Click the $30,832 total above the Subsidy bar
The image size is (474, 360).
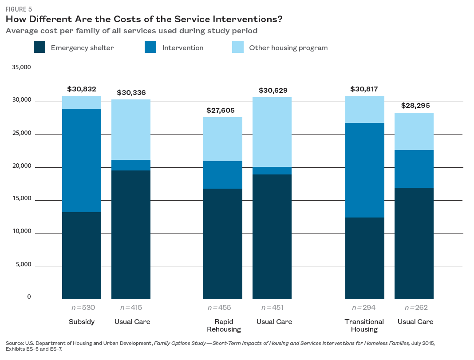(82, 89)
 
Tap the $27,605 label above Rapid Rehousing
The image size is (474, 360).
(221, 111)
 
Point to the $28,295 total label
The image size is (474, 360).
(415, 106)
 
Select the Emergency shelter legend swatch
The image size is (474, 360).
(39, 47)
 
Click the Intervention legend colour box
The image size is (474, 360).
(150, 47)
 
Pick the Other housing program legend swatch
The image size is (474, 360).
(238, 47)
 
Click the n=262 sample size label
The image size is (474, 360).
(415, 307)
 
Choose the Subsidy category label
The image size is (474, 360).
(82, 322)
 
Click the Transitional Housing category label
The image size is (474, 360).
(364, 325)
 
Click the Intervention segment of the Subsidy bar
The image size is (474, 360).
(82, 160)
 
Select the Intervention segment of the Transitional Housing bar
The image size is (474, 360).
(365, 170)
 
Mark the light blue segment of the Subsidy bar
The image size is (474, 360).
(82, 103)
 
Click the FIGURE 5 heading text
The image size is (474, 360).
(19, 9)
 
